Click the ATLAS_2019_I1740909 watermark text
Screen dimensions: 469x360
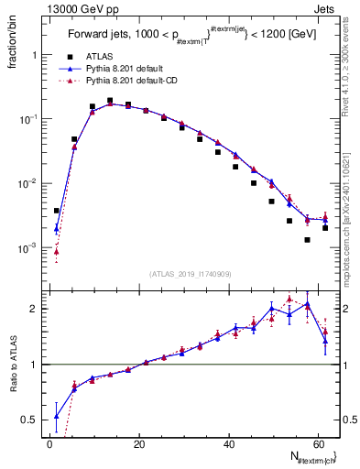coord(190,273)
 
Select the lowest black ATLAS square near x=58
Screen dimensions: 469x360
coord(308,240)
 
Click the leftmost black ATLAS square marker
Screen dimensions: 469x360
coord(57,211)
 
